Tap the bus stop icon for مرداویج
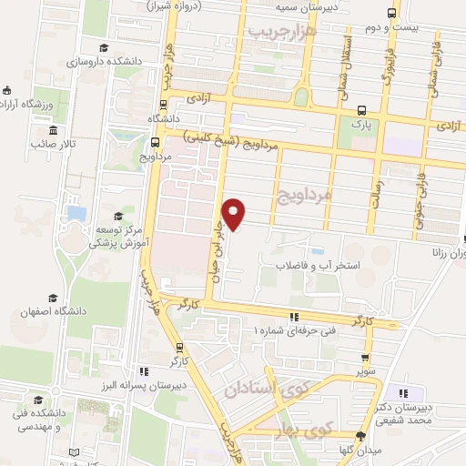(154, 142)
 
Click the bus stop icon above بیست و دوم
(391, 14)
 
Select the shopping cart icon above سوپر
(367, 358)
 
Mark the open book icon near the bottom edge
(74, 452)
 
